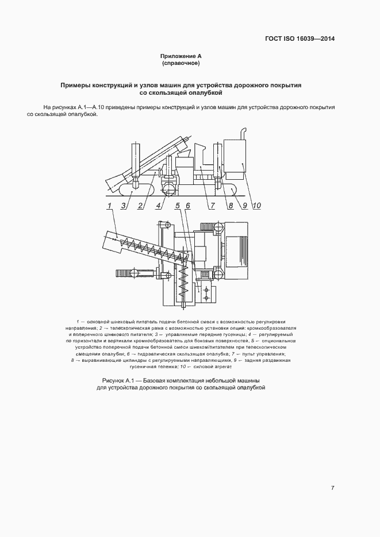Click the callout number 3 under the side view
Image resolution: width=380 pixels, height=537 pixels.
click(124, 205)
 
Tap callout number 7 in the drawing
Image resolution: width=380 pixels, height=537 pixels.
click(212, 205)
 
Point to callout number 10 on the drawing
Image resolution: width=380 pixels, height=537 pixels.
click(256, 205)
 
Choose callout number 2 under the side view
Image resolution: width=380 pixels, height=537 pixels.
click(140, 205)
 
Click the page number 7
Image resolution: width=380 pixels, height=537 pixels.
click(332, 488)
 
